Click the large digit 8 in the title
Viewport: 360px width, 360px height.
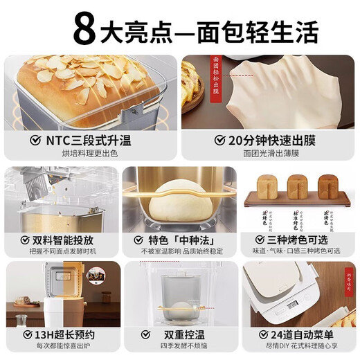(x=86, y=28)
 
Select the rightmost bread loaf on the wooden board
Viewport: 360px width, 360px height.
(x=328, y=184)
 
